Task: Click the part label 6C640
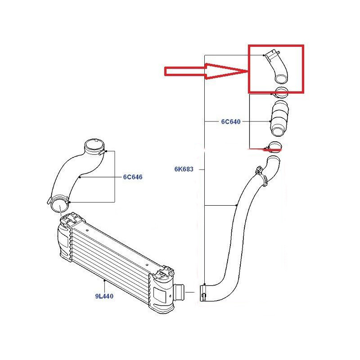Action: pos(230,121)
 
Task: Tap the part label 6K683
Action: pos(184,169)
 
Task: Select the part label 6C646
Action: pos(133,177)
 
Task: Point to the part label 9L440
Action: pos(104,296)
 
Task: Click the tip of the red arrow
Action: pos(248,72)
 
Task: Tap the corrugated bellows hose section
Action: pos(279,118)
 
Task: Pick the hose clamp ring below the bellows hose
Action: pos(274,147)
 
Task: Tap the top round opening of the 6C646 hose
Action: pos(94,146)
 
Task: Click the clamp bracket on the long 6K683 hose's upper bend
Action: pos(262,175)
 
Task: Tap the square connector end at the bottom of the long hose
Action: pos(203,293)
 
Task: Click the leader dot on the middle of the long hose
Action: pos(237,205)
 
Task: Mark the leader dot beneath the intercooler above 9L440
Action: pos(104,280)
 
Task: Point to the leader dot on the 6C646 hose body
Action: pos(80,177)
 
